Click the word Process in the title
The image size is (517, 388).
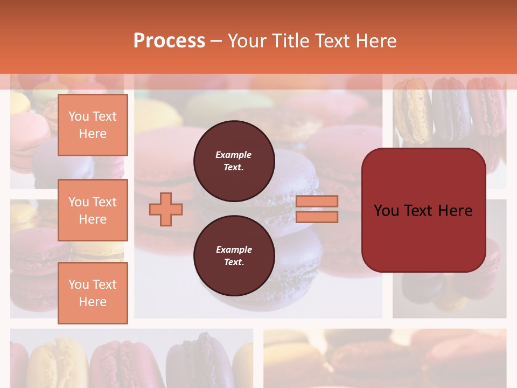point(169,41)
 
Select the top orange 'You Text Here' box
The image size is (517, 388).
point(93,125)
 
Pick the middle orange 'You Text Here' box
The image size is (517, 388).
point(93,210)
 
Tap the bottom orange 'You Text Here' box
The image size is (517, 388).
point(93,293)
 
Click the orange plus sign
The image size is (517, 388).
point(166,209)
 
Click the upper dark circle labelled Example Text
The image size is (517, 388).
point(234,161)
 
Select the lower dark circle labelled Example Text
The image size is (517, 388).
point(234,256)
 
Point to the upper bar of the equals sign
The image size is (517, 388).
point(317,201)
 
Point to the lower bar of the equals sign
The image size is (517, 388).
point(317,217)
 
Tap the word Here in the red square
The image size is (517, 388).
point(455,211)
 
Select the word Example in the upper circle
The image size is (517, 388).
point(233,155)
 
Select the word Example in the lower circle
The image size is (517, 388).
point(234,250)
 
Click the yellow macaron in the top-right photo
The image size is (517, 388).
point(411,110)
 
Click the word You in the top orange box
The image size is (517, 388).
point(79,116)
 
